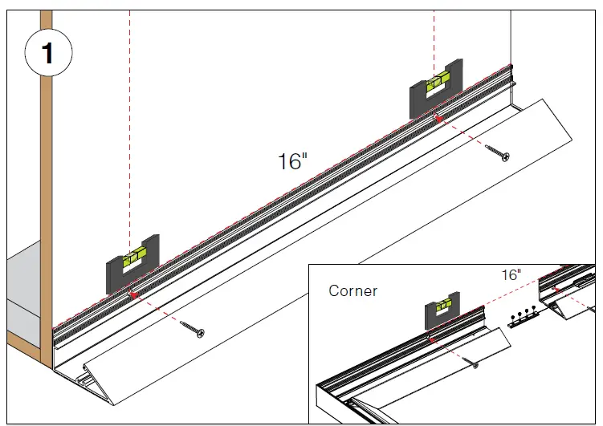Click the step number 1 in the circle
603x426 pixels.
point(47,54)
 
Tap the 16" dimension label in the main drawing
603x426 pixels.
point(292,161)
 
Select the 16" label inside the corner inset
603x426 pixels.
point(511,274)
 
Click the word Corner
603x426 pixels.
point(352,290)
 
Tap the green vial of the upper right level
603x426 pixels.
point(438,81)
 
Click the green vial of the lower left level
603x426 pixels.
point(133,258)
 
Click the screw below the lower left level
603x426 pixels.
point(193,327)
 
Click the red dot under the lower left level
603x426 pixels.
point(133,295)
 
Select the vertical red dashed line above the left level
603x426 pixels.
point(129,120)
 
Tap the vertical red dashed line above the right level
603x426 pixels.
point(434,32)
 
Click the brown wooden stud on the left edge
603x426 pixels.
point(47,201)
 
